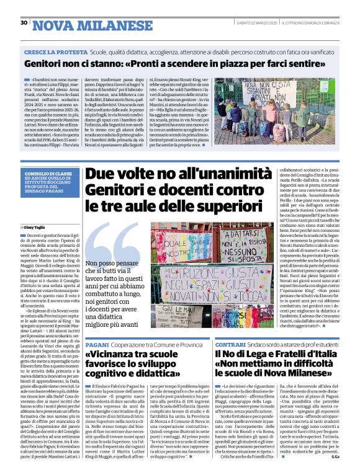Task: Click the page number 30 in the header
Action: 24,22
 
